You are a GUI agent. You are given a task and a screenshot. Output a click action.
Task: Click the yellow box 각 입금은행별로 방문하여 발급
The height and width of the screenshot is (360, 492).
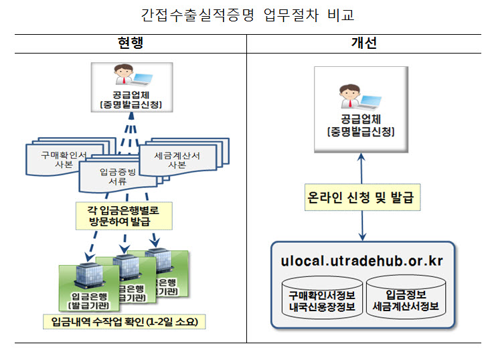125,214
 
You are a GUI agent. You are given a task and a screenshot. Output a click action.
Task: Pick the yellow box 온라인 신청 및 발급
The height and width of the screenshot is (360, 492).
362,198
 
